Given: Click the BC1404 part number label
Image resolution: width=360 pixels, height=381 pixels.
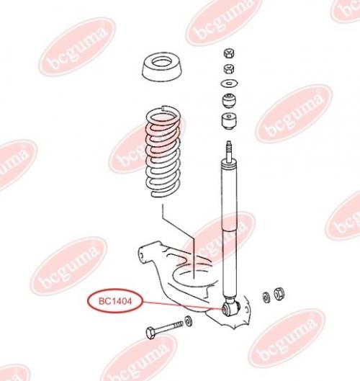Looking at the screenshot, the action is [x=115, y=301].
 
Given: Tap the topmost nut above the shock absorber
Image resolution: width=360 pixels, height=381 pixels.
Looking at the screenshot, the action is [x=229, y=53].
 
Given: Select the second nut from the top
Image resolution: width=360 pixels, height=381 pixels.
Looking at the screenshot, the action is [x=229, y=68].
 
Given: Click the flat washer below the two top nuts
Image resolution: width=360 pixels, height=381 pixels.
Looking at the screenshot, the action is [x=229, y=84].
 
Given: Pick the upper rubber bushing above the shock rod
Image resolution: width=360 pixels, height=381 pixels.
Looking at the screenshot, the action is [x=229, y=100].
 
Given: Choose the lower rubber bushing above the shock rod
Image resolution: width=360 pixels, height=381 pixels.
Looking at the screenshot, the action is [x=229, y=121].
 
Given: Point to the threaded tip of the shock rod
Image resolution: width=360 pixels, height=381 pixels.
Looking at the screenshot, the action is [x=229, y=150].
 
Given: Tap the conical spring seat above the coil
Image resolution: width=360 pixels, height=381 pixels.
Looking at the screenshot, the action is [x=162, y=68].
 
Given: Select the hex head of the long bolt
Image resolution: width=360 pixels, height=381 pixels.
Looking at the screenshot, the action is [x=151, y=333].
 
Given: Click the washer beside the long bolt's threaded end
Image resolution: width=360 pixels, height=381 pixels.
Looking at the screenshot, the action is [x=188, y=321].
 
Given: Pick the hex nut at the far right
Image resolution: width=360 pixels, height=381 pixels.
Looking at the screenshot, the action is [x=279, y=294].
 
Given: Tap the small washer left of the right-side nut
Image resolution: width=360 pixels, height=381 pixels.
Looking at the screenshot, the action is [x=266, y=297].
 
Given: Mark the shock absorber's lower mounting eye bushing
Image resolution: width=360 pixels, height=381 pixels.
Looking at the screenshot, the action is [x=231, y=308].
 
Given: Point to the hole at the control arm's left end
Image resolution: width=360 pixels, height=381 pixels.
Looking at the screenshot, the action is [x=141, y=256].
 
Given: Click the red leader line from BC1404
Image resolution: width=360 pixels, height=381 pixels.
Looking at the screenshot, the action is [x=182, y=305].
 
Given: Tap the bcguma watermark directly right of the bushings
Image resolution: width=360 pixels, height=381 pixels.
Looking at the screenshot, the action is [x=294, y=113].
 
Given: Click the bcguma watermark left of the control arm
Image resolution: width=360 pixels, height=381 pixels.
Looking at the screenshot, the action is [x=68, y=266].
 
